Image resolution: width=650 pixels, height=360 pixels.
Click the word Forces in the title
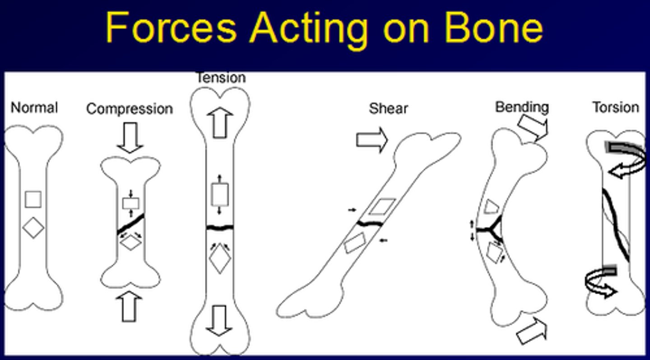pos(171,28)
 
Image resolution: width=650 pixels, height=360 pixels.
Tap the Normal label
pos(34,108)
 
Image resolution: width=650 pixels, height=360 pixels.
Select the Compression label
pos(130,109)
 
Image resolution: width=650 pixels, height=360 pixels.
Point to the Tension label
pos(221,78)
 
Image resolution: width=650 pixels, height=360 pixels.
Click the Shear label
pos(388,108)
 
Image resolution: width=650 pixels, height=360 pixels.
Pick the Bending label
pos(522,107)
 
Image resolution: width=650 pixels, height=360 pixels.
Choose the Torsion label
pos(616,108)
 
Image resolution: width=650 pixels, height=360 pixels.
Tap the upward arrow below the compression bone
pos(130,307)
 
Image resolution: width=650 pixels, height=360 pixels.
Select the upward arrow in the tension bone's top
pos(220,122)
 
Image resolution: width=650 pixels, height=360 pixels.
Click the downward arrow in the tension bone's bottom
pos(220,319)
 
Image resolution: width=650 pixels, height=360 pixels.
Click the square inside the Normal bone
pos(33,199)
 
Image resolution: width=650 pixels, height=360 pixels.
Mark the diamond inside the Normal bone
pos(33,228)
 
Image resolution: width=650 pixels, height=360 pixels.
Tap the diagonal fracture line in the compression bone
pos(131,224)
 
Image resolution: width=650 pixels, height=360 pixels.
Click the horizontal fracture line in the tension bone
pos(220,227)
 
